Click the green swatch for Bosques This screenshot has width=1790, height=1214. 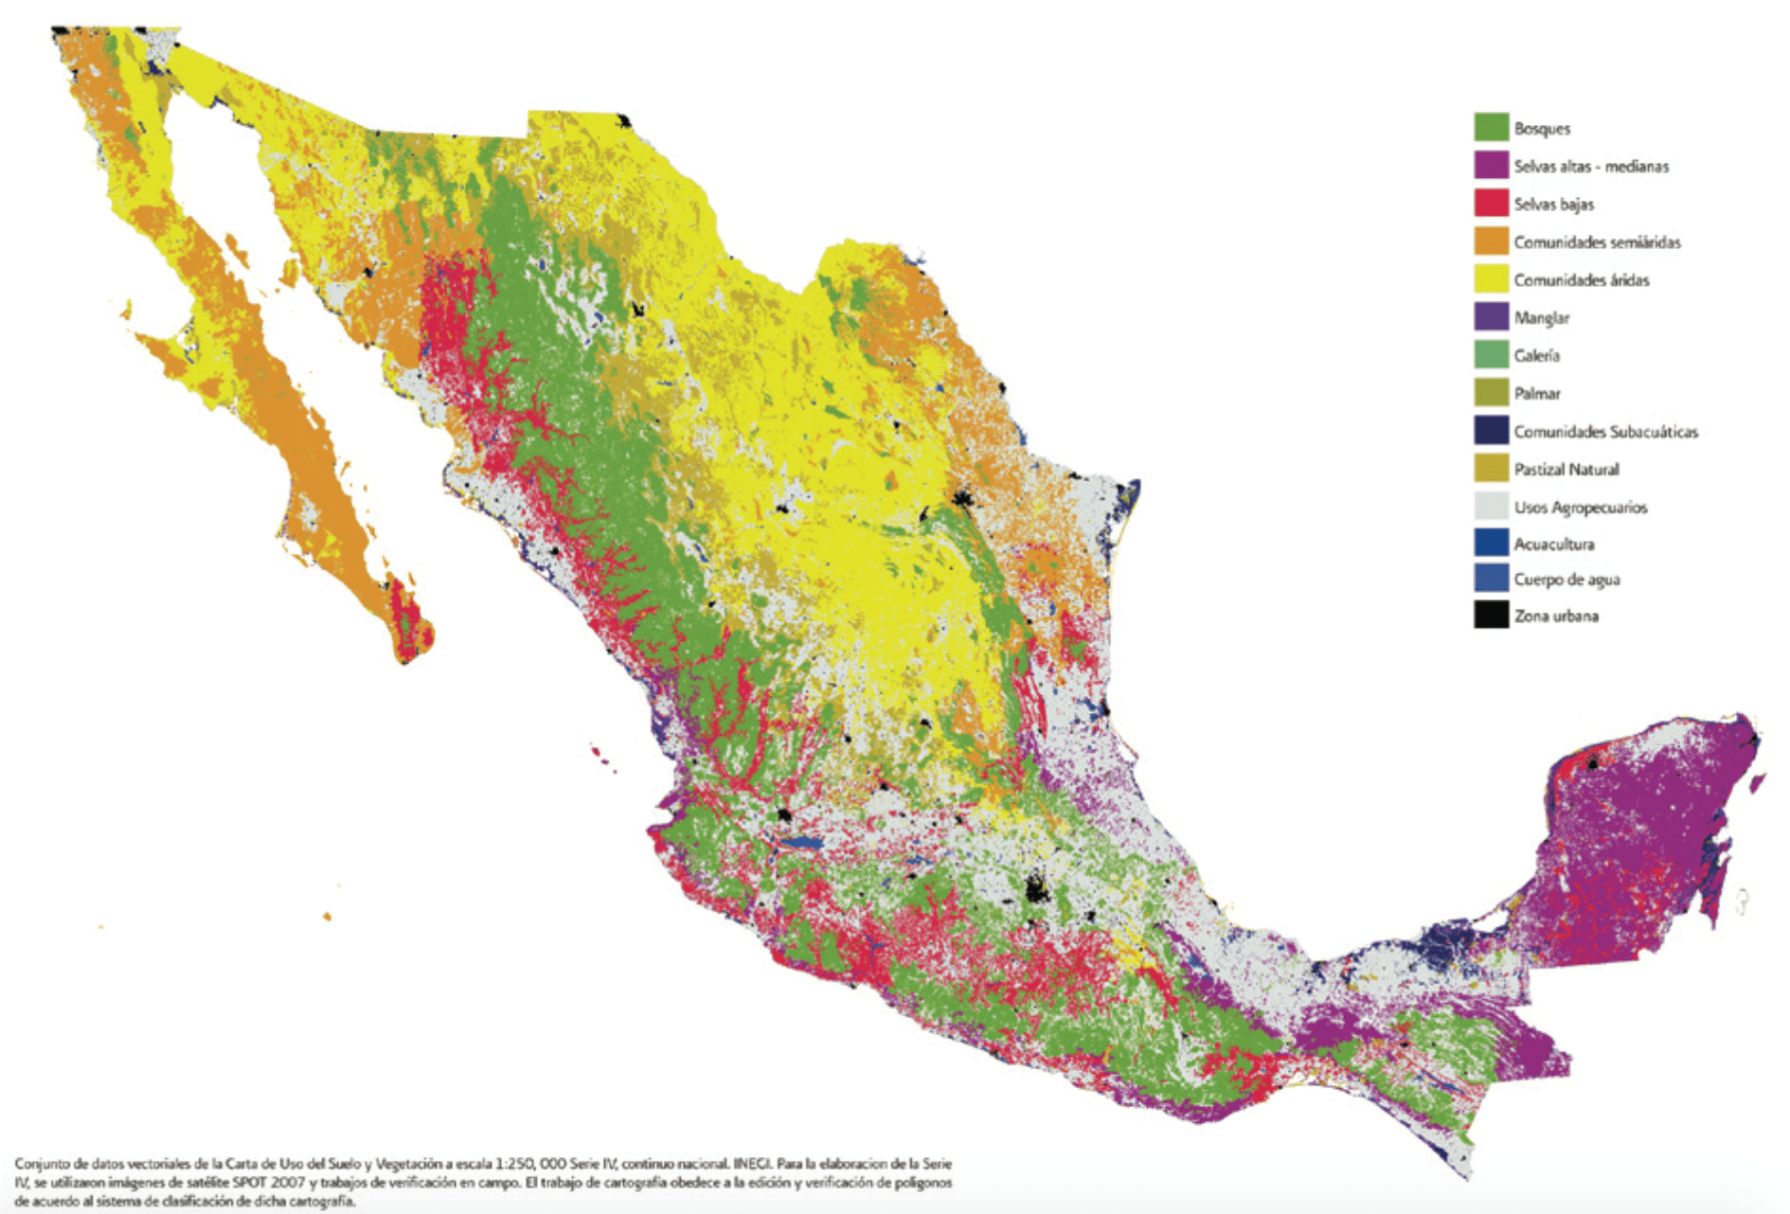1491,127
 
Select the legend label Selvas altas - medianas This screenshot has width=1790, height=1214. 1591,166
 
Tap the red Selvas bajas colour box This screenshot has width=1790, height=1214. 1491,203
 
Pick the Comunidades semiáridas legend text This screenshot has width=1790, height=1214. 1597,241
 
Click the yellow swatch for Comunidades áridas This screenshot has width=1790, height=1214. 1491,278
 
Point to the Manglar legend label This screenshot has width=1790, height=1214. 1541,317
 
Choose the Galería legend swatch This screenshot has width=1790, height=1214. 1491,354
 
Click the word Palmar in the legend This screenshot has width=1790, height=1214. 1537,393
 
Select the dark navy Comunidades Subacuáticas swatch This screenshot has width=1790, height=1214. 1491,430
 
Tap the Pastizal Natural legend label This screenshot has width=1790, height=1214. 1566,469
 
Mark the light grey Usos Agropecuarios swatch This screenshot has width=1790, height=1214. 1491,506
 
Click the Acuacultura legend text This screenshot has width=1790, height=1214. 1554,544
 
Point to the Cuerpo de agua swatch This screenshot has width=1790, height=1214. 1491,578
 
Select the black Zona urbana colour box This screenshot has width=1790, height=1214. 1491,615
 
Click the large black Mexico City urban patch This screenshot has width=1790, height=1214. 1036,889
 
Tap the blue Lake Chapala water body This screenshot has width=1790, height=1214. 801,842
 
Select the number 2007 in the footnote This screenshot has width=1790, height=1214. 287,1182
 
